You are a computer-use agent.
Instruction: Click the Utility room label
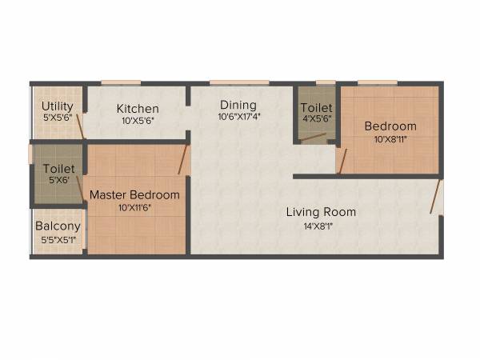pos(58,106)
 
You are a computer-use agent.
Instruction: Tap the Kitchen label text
pos(138,109)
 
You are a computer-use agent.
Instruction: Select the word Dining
pos(238,105)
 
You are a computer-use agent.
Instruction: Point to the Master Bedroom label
pos(134,194)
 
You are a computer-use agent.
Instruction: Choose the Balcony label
pos(58,226)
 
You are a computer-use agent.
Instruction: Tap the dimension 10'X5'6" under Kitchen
pos(138,120)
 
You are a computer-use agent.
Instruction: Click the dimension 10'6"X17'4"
pos(238,116)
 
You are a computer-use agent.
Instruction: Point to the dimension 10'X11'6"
pos(134,206)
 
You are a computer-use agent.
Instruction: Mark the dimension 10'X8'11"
pos(390,138)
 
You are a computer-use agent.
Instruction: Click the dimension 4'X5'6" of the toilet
pos(316,118)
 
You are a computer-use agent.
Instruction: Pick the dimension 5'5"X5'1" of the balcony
pos(58,238)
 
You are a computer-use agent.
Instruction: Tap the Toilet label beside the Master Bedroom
pos(58,169)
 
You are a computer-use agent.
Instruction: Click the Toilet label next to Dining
pos(316,108)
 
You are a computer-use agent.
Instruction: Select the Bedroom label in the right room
pos(390,126)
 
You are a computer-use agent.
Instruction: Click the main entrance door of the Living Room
pos(436,196)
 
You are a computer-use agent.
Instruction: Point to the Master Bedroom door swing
pos(183,158)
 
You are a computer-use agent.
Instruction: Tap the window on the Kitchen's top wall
pos(121,82)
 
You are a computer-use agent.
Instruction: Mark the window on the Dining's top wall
pos(228,82)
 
